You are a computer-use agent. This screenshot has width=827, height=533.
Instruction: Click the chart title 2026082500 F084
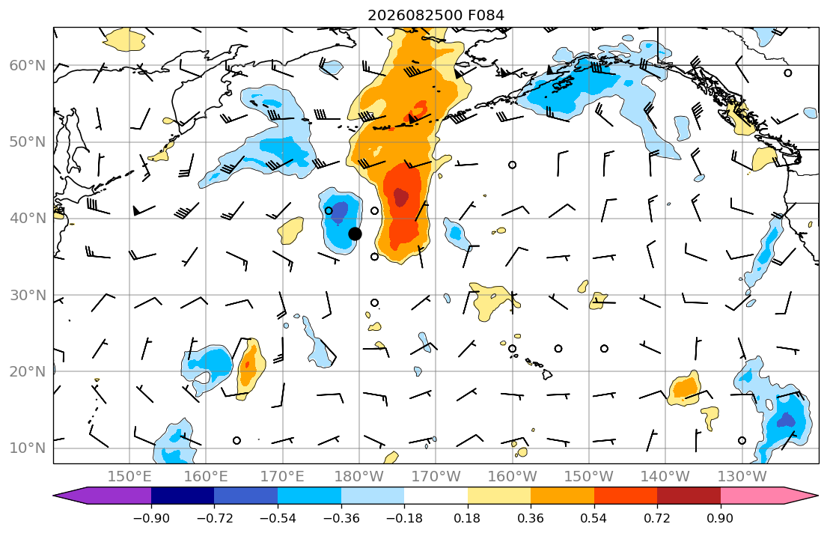point(436,15)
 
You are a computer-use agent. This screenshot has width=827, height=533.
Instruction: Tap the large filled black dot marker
point(355,234)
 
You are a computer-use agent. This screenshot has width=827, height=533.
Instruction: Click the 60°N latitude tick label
point(28,66)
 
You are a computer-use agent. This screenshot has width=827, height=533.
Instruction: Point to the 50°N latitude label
point(28,142)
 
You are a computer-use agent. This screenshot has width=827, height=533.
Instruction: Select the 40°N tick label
point(28,219)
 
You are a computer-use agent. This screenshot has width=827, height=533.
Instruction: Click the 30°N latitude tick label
point(28,295)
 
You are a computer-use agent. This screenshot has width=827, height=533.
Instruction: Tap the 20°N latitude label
point(28,371)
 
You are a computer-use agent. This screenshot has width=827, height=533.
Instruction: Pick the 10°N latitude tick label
point(28,448)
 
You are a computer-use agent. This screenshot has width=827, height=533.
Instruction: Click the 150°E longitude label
point(129,477)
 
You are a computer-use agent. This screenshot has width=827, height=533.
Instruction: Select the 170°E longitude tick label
point(283,477)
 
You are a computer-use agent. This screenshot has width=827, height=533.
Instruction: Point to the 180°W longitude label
point(359,477)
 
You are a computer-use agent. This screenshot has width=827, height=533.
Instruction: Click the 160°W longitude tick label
point(512,477)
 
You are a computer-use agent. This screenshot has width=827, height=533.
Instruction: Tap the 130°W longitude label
point(742,477)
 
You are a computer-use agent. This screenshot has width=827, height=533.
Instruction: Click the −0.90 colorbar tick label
point(151,518)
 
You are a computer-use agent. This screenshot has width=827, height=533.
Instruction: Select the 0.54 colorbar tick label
point(594,518)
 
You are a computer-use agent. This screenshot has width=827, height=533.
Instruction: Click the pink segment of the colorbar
point(751,496)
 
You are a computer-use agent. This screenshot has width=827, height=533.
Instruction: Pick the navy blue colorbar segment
point(183,496)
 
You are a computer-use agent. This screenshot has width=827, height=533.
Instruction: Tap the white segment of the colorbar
point(436,496)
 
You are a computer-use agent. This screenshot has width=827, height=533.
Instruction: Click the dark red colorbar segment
point(689,496)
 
